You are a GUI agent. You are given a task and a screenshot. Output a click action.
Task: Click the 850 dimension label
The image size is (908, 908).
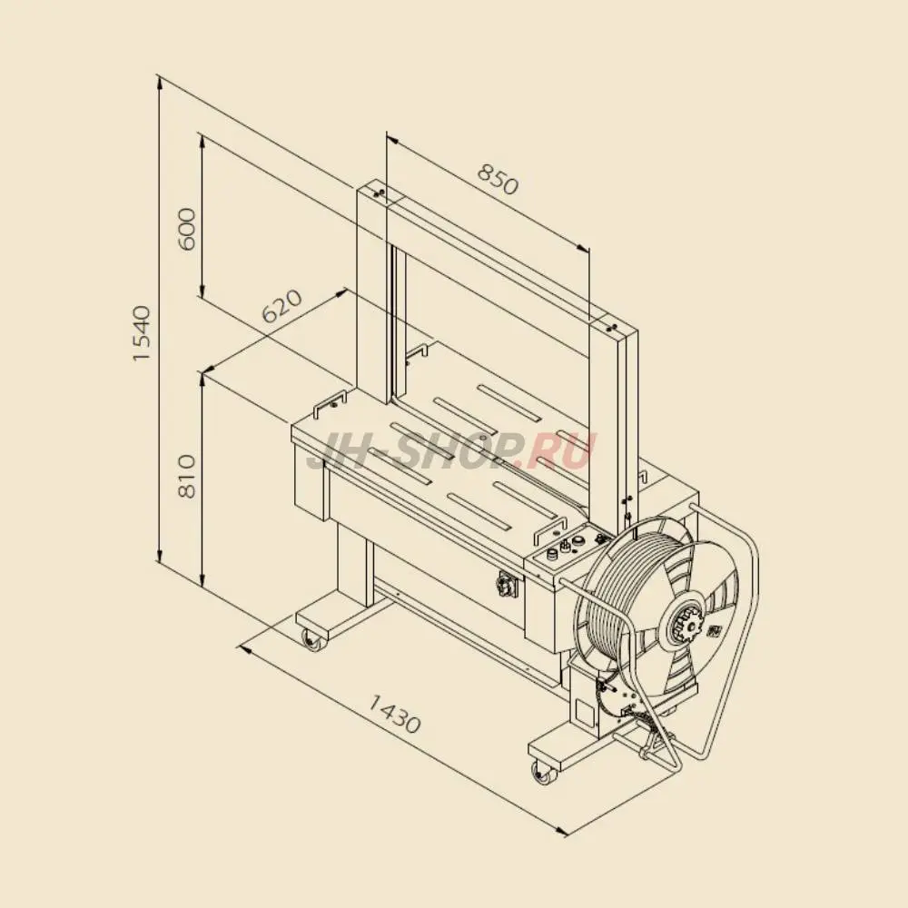pos(498,180)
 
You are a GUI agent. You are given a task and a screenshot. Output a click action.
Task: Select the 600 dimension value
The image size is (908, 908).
pos(187,229)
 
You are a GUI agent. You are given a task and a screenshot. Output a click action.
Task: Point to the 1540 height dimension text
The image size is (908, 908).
pos(142,333)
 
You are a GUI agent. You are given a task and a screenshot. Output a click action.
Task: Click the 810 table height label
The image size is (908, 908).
pos(187,477)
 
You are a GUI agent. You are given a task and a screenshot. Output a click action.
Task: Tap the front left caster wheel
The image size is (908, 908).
pos(314,640)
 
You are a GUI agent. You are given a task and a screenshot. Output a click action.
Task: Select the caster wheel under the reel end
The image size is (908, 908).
pos(543,773)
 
